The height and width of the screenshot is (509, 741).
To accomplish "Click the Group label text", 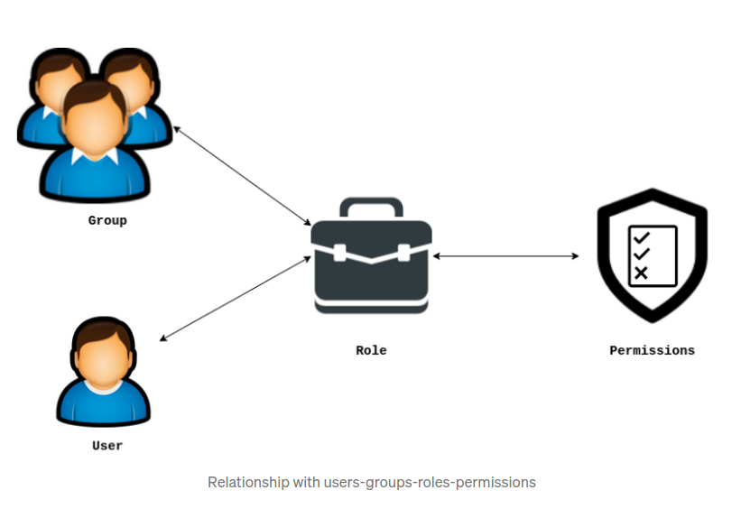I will (107, 220).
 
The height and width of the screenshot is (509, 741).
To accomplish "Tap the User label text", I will (107, 446).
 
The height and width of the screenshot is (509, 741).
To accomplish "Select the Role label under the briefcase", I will (371, 350).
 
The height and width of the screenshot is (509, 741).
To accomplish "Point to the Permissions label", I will (652, 350).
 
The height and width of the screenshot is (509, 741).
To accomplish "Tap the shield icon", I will (652, 255).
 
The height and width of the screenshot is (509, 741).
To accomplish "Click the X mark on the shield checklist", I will (641, 273).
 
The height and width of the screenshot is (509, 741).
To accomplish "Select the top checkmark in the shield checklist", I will (641, 238).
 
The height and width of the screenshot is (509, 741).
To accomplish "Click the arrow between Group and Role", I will (242, 175).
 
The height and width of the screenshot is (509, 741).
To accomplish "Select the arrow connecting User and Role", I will (235, 299).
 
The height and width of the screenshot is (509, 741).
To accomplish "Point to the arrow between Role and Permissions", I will (505, 256).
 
